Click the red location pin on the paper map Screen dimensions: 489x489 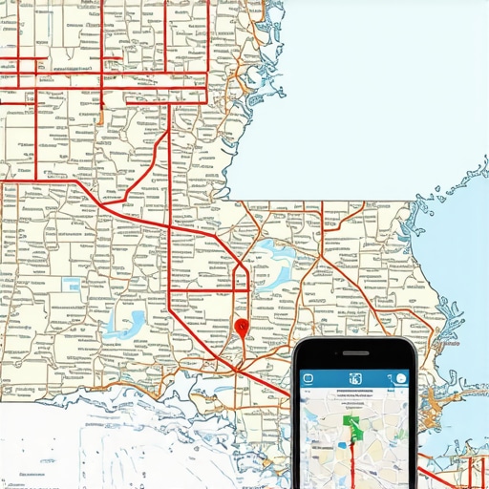[241, 327]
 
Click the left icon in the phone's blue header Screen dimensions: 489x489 [308, 379]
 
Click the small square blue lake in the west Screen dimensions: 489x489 [72, 285]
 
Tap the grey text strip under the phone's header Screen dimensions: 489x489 [355, 393]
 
